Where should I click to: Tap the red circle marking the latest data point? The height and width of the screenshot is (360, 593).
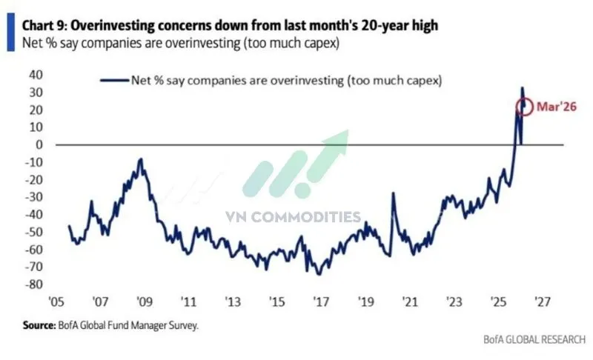[x=525, y=107]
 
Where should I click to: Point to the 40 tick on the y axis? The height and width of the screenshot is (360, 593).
[x=35, y=75]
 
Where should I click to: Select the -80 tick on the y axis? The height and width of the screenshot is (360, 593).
[x=32, y=284]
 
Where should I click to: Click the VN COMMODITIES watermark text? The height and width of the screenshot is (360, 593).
[x=294, y=217]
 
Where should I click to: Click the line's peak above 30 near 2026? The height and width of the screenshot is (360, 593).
[x=522, y=87]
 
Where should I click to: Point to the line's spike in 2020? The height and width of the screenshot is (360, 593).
[x=392, y=193]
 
